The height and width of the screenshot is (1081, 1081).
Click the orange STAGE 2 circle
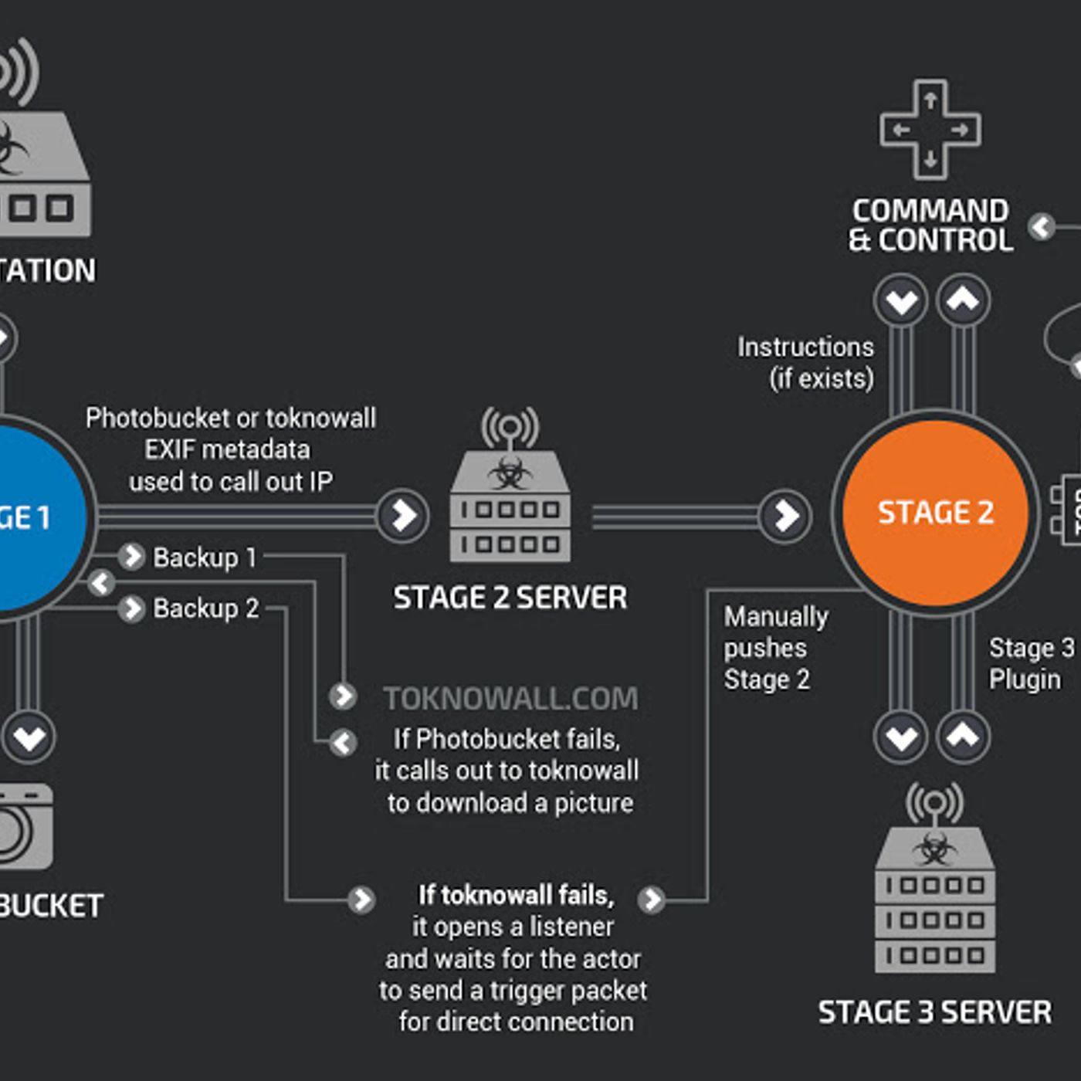[x=935, y=513]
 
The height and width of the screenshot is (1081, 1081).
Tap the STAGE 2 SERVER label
[x=510, y=598]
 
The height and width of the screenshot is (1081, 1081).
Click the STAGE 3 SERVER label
[x=934, y=1012]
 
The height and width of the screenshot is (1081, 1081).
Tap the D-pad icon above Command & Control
[x=930, y=130]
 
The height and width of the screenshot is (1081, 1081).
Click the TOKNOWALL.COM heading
[x=511, y=699]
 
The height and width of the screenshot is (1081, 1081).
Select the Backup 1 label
[x=205, y=557]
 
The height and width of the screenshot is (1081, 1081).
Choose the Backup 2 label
[x=206, y=608]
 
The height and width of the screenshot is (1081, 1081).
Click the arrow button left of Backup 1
[x=132, y=556]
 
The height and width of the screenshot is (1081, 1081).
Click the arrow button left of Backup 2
[x=132, y=608]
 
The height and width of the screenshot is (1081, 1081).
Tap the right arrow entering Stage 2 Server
[x=402, y=516]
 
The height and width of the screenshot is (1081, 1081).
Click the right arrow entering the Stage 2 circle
[x=785, y=516]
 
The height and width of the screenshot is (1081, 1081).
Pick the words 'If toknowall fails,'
[x=516, y=896]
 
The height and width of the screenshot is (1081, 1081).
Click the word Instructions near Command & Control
[x=805, y=347]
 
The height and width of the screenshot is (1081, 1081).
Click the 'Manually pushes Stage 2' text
[x=774, y=648]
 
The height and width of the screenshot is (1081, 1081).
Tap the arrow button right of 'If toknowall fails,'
[x=652, y=900]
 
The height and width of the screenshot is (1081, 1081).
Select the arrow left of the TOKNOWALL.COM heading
[x=343, y=696]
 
